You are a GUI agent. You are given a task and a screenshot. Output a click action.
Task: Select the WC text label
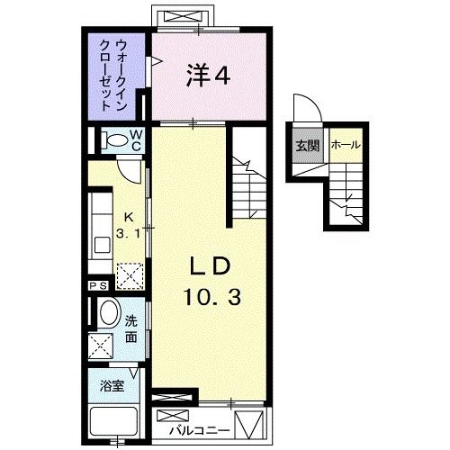point(136,139)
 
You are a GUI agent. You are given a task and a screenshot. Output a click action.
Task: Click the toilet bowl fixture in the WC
point(114,140)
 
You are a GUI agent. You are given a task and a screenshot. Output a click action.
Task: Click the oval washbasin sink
point(107,314)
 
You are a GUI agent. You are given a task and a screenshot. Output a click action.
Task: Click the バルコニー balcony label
point(193,418)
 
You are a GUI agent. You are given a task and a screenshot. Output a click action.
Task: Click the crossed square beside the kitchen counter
point(130,271)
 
